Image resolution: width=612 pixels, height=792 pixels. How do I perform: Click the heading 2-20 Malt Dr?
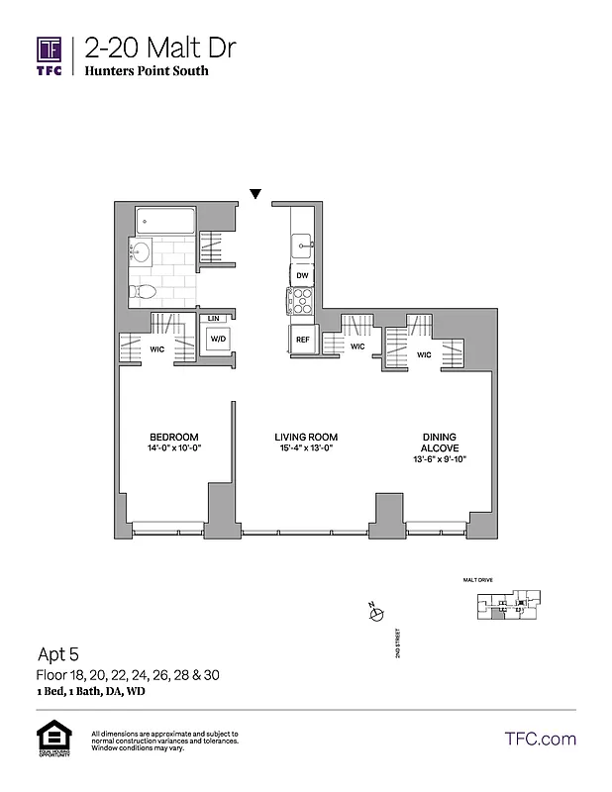(x=160, y=47)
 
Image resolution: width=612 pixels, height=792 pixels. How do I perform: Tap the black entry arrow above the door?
(x=255, y=194)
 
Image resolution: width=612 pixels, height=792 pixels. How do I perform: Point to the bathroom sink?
(x=140, y=252)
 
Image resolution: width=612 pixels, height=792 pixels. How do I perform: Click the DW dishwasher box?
(x=302, y=275)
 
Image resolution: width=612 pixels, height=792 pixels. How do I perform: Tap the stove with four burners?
(x=301, y=301)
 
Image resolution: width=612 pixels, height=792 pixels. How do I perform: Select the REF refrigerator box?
(x=302, y=340)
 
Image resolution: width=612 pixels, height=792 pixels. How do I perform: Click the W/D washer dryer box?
(x=216, y=339)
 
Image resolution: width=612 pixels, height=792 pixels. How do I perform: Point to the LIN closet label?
(x=213, y=318)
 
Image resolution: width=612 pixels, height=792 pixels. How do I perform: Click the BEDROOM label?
(x=174, y=438)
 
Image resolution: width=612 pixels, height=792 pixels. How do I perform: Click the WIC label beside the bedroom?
(x=156, y=349)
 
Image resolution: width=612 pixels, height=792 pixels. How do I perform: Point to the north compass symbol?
(x=375, y=615)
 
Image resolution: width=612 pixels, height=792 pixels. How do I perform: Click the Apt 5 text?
(x=57, y=654)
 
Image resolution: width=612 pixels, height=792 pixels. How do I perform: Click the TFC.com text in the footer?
(x=540, y=739)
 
